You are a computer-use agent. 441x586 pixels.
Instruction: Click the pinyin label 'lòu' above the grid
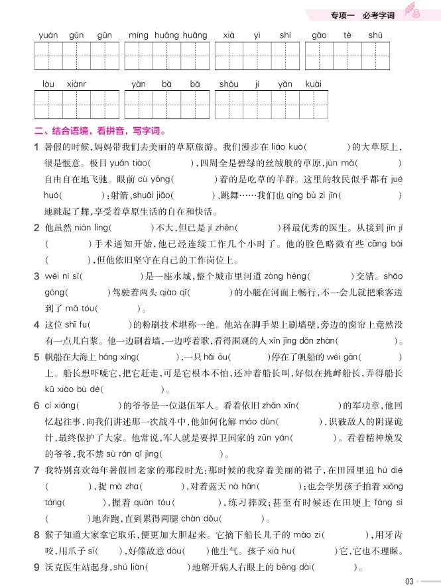(x=48, y=84)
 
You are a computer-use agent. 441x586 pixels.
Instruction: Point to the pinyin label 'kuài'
(x=314, y=84)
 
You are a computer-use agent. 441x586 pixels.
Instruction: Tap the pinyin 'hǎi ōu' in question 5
(x=227, y=357)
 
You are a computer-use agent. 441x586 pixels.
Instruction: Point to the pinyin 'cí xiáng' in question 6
(x=61, y=405)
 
